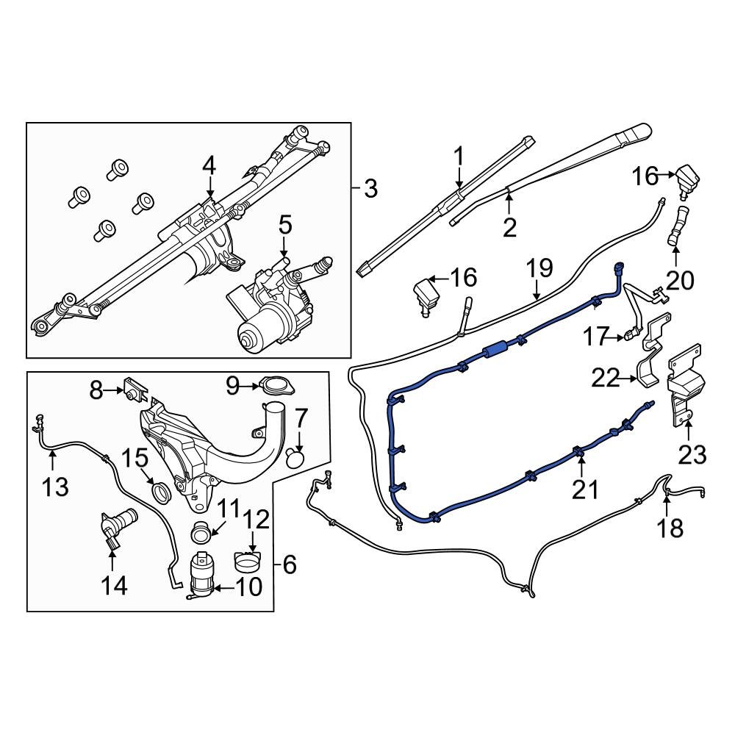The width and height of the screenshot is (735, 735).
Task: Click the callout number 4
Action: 209,166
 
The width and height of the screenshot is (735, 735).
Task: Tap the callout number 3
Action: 370,190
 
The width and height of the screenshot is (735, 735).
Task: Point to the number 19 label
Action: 539,268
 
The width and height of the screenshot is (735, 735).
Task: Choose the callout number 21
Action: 586,489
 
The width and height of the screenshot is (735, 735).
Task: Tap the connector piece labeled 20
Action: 675,226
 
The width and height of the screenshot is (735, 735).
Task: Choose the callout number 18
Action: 670,527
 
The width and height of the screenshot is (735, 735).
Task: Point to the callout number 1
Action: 459,157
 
